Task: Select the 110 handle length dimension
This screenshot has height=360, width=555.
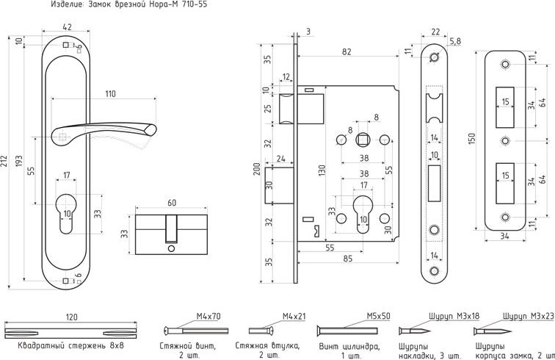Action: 110,94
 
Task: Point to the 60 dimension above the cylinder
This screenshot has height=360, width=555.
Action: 172,202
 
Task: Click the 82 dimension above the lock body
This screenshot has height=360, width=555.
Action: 347,51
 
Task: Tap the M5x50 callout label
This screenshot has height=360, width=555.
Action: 378,317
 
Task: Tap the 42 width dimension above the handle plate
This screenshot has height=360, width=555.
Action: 68,28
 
